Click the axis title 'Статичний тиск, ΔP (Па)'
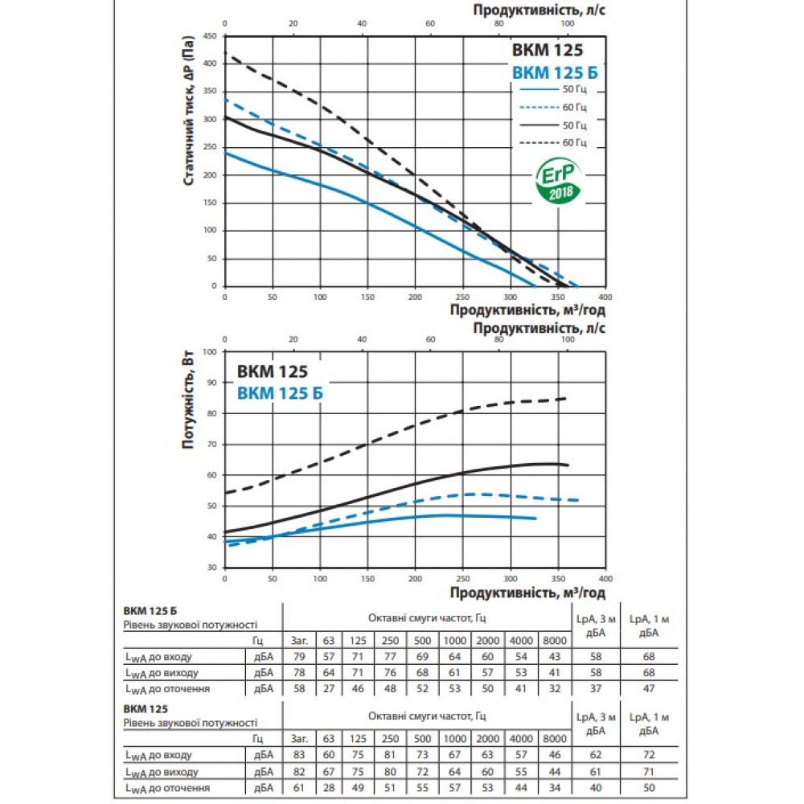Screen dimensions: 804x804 (x=189, y=111)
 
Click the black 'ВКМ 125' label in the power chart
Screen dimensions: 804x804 (x=272, y=372)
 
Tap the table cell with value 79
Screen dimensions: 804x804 (x=299, y=658)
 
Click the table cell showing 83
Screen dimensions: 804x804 (x=299, y=755)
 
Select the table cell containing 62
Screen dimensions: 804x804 (x=597, y=755)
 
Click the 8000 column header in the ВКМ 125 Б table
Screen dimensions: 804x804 (x=554, y=642)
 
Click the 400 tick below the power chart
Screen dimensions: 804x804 (x=605, y=578)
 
